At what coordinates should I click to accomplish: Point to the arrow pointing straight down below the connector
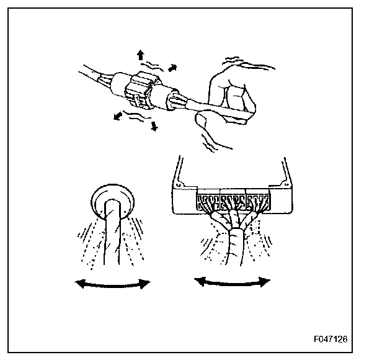[154, 125]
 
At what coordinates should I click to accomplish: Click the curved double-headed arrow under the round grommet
[112, 284]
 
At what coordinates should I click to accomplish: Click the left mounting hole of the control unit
[179, 184]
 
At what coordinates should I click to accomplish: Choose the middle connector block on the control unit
[233, 202]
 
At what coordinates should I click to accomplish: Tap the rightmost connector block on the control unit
[256, 202]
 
